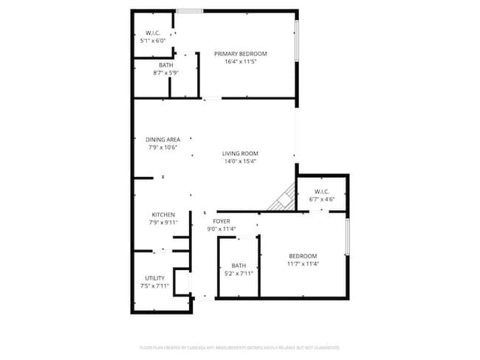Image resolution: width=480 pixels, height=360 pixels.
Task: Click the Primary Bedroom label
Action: tap(240, 54)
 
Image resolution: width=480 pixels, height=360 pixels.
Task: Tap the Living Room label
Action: tap(240, 153)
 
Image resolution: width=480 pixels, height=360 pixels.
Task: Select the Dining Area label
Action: tap(162, 139)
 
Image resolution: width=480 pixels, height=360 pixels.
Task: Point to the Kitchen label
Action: tap(163, 215)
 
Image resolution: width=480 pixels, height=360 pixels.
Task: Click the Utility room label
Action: tap(154, 278)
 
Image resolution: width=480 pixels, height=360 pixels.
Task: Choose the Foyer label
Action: tap(222, 221)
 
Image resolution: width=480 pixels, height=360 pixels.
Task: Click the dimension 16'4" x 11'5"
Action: tap(240, 62)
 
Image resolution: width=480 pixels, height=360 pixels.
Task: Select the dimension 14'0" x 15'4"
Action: tap(240, 162)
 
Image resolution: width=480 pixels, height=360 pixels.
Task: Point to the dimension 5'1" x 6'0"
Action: tap(153, 41)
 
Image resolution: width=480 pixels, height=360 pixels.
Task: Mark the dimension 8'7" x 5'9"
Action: tap(165, 73)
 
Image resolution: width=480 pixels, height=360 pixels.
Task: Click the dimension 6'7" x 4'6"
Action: tap(321, 199)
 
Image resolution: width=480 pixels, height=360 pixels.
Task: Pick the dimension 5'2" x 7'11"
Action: tap(239, 274)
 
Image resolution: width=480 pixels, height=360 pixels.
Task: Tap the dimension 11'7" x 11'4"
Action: tap(303, 263)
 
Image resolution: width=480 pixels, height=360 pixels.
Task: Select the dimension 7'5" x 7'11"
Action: tap(154, 285)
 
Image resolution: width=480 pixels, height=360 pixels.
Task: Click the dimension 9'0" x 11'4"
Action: tap(222, 229)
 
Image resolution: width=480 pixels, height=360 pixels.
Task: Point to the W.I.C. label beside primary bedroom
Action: tap(153, 33)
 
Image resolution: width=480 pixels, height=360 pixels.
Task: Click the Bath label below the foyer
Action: tap(239, 266)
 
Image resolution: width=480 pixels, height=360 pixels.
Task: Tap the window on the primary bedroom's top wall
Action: tap(190, 11)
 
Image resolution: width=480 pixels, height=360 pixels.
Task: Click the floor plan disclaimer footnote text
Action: tap(239, 347)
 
